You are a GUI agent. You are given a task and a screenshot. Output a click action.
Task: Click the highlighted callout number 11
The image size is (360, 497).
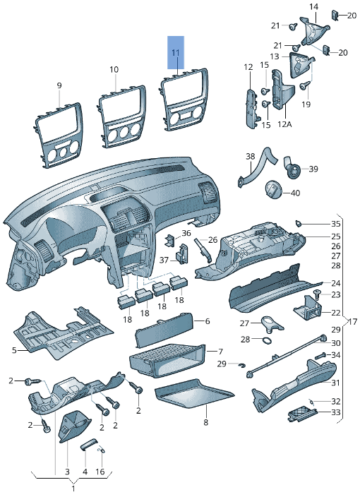[x=176, y=53]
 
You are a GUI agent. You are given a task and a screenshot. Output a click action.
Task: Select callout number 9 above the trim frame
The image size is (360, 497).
[x=59, y=85]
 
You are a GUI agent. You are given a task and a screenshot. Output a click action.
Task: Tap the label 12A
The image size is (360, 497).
[x=284, y=124]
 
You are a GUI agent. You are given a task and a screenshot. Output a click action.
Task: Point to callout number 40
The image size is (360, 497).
[x=295, y=193]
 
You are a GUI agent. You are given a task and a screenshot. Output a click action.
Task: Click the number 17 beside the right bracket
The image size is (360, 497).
[x=353, y=322]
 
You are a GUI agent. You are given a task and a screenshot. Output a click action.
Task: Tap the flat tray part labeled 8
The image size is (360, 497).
[x=194, y=394]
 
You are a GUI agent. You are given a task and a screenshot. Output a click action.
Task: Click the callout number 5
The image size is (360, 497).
[x=14, y=350]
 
